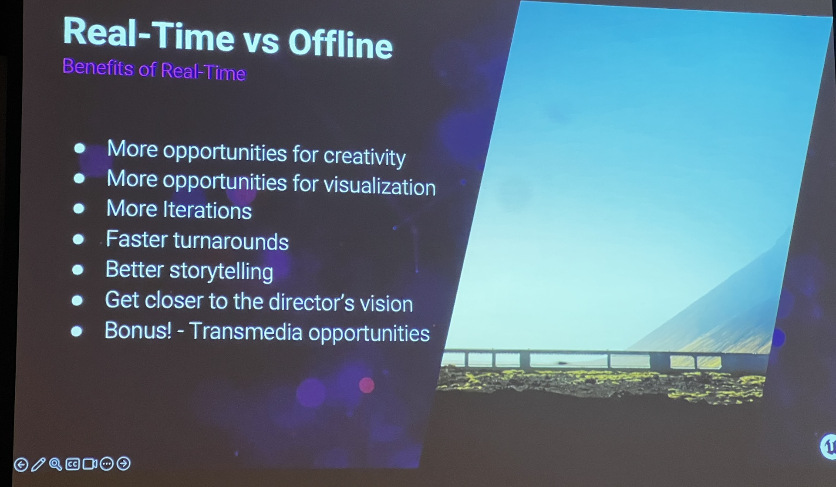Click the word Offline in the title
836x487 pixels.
pos(340,44)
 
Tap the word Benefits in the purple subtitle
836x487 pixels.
pos(98,67)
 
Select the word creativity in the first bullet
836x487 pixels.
pos(364,156)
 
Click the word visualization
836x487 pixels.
pos(379,186)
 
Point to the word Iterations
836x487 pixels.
pos(207,210)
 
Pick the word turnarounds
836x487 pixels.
pos(231,241)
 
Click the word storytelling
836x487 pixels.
pos(221,271)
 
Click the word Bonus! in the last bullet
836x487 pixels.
pos(138,330)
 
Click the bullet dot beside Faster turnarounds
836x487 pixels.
pos(78,239)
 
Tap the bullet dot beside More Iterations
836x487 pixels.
pos(79,209)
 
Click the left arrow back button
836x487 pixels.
pos(21,465)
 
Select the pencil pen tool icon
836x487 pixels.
pos(38,464)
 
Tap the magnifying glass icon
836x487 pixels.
pos(55,464)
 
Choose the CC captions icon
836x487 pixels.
pos(72,464)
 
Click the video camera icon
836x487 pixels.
pos(90,464)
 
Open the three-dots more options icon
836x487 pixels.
pos(107,464)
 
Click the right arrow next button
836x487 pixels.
pos(124,463)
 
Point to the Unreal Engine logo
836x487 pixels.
pos(828,446)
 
